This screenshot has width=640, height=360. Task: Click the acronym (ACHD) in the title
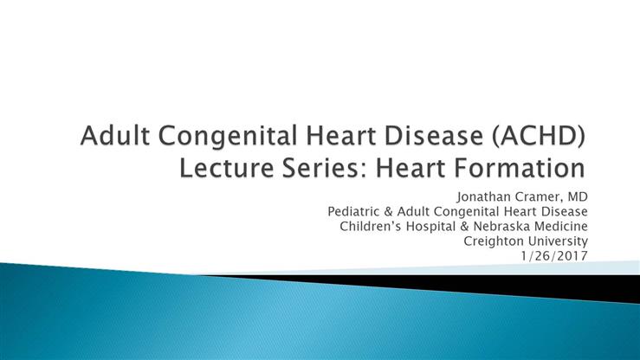pos(539,135)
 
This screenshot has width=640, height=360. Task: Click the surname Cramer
pos(540,197)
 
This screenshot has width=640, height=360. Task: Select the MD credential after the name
pos(578,197)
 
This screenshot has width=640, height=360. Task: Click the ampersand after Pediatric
pos(388,212)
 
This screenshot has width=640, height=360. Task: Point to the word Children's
pos(371,226)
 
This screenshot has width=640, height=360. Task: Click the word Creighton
pos(494,241)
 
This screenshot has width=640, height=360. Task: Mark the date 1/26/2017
pos(554,256)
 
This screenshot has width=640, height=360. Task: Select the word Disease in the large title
pos(434,135)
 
